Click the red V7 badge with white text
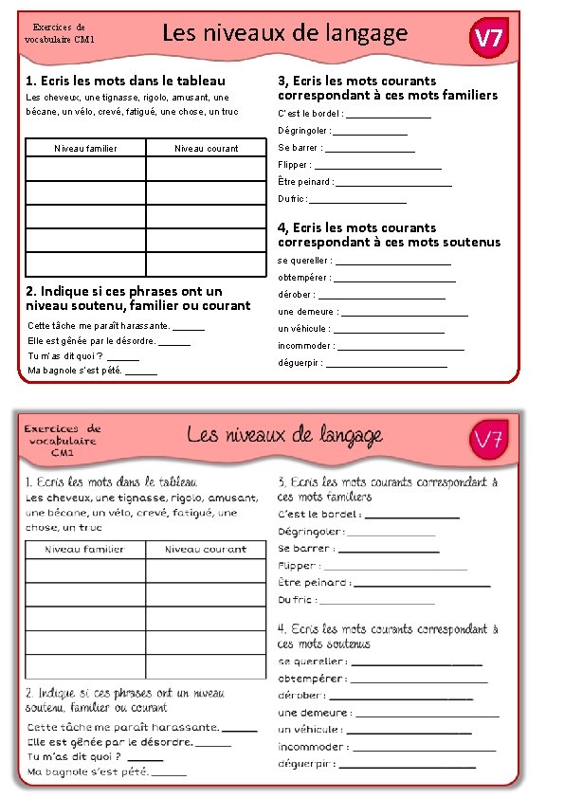(489, 39)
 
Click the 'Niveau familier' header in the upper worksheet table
(86, 148)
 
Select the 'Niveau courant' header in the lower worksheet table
(206, 549)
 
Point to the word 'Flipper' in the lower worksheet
(298, 566)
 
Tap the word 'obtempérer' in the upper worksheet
(303, 278)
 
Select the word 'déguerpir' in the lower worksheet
(306, 764)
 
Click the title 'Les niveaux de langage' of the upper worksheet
(284, 34)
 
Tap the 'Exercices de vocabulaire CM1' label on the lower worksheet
(63, 441)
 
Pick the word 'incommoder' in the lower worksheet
(311, 747)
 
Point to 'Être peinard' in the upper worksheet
(304, 182)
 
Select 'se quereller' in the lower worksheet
(312, 662)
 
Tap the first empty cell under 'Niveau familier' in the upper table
(86, 169)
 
